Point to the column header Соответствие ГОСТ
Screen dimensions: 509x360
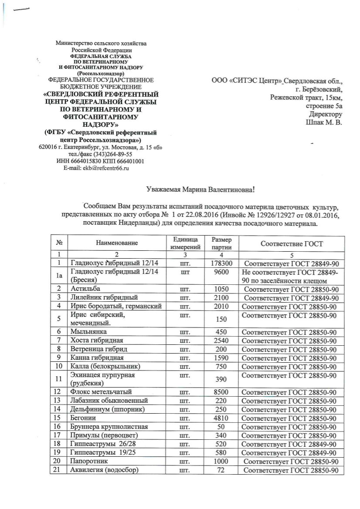(x=292, y=244)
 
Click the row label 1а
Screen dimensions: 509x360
(x=56, y=276)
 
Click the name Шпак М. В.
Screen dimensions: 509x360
(x=324, y=122)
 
